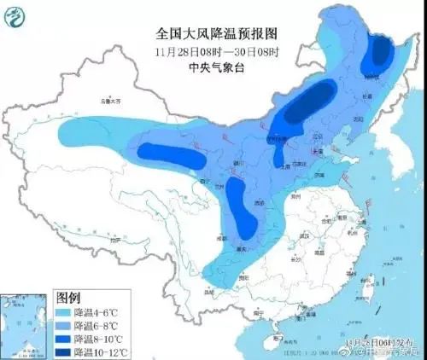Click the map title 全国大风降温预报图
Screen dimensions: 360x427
217,33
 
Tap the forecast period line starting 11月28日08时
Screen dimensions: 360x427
217,49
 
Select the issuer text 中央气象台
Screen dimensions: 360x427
217,65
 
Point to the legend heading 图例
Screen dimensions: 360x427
68,298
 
